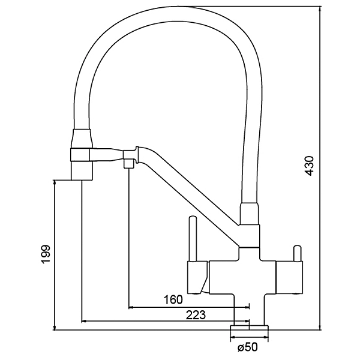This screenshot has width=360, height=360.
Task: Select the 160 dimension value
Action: [173, 299]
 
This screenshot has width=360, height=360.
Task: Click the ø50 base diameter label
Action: [248, 347]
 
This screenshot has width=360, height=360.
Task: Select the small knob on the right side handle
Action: [297, 253]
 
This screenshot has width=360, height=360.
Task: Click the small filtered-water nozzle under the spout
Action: [128, 163]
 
